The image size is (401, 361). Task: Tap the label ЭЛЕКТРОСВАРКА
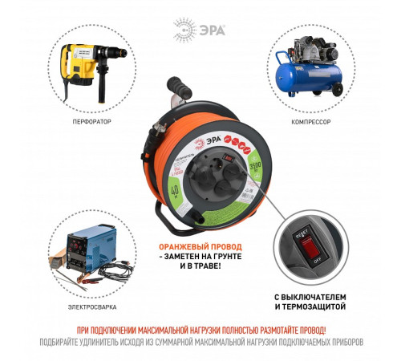tap(90, 306)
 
